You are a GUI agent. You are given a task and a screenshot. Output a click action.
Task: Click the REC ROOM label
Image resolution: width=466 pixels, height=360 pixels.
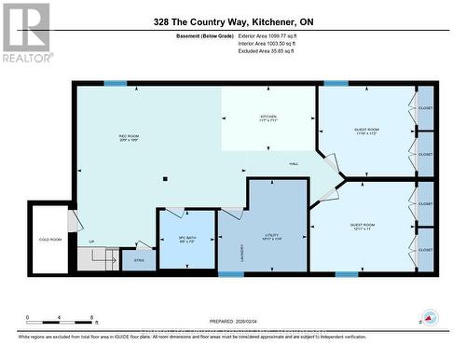(130, 137)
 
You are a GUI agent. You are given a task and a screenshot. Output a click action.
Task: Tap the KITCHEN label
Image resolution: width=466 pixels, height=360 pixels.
(268, 119)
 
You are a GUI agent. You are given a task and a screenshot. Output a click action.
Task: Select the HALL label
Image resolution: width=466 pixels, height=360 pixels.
(293, 164)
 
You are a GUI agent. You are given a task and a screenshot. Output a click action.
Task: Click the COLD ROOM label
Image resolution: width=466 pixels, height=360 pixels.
(49, 240)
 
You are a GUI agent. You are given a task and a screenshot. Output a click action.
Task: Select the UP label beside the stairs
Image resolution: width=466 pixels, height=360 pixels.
(91, 241)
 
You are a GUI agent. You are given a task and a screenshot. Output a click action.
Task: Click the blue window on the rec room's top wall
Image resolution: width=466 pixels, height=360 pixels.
(115, 84)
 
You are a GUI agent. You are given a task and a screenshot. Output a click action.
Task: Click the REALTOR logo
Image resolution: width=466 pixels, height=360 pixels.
(25, 32)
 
